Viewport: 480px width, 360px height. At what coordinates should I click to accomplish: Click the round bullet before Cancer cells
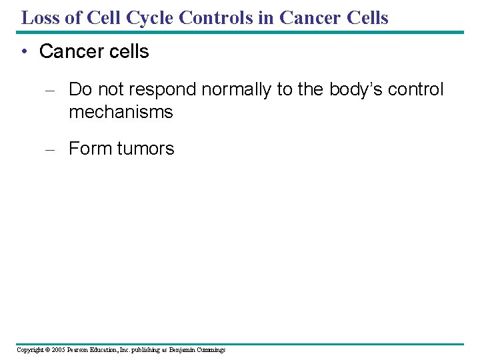point(27,52)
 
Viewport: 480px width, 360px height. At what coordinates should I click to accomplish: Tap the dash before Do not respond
point(49,90)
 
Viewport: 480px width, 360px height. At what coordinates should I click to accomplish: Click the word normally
point(231,90)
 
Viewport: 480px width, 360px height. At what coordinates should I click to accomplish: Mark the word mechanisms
point(121,112)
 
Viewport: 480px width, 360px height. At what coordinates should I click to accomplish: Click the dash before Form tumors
point(49,149)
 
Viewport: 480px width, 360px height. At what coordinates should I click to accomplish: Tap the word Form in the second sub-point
point(90,149)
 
